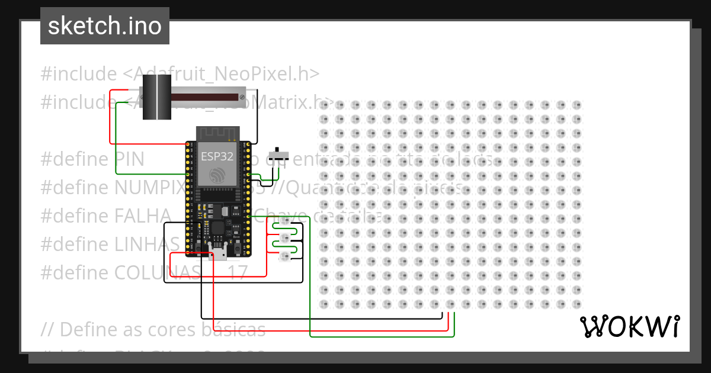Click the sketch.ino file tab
pos(105,26)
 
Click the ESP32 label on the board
pos(216,157)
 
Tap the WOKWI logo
pos(629,326)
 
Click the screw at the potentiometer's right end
pos(242,97)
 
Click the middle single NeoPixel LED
pos(284,239)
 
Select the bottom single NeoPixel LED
pos(284,256)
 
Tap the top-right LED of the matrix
pos(577,105)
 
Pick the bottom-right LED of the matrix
pos(577,304)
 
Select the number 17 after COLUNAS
pos(237,272)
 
